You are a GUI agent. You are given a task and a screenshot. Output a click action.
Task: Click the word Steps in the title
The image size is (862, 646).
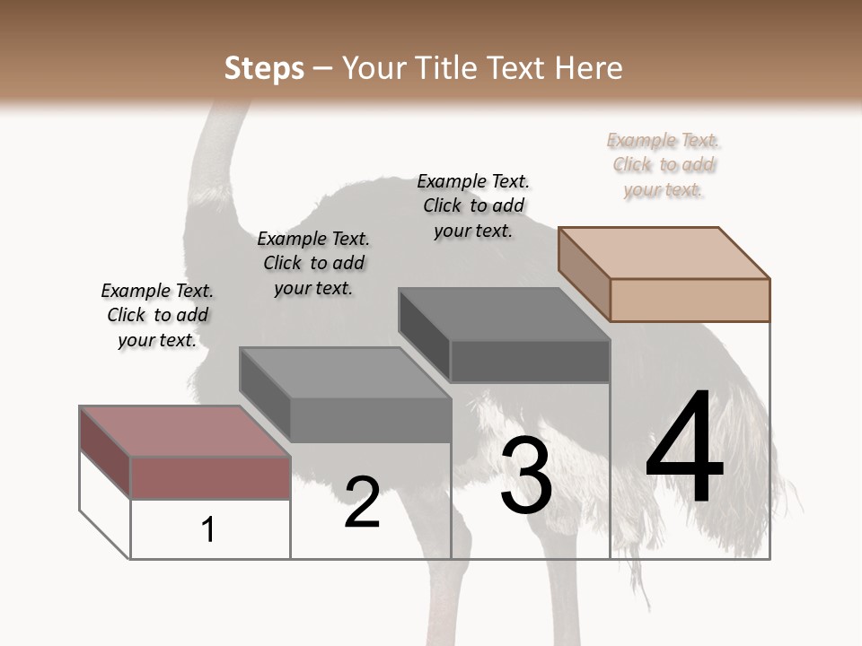pos(264,68)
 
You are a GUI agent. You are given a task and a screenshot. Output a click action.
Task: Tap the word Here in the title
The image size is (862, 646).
pos(589,68)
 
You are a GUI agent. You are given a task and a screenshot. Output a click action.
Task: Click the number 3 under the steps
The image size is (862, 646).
pos(526,476)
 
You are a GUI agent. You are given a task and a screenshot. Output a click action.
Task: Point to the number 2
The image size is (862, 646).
pos(362,502)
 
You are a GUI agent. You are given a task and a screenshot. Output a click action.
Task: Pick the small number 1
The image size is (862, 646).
pos(208,530)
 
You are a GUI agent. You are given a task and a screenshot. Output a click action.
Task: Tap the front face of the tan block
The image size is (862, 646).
pos(690,300)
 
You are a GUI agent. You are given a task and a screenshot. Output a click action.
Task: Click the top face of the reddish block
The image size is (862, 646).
pos(185,432)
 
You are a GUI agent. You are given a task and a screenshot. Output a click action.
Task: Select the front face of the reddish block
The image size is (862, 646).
pos(210,477)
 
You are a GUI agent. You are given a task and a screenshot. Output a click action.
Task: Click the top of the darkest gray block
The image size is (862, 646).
pos(504,314)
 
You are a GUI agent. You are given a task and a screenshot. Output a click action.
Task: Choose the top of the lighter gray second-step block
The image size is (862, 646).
pos(345,372)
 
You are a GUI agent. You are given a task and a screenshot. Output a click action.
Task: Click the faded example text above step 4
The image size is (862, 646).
pos(664,165)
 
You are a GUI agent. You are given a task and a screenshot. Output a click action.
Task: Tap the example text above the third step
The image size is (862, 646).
pos(473,205)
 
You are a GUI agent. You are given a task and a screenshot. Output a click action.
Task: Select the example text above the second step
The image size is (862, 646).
pos(313,263)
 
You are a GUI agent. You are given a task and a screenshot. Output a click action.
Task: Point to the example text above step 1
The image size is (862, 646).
pos(157,315)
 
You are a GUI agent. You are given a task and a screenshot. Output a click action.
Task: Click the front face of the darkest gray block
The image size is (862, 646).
pos(530,362)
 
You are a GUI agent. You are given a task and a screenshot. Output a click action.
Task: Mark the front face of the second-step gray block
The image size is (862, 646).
pos(370,420)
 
